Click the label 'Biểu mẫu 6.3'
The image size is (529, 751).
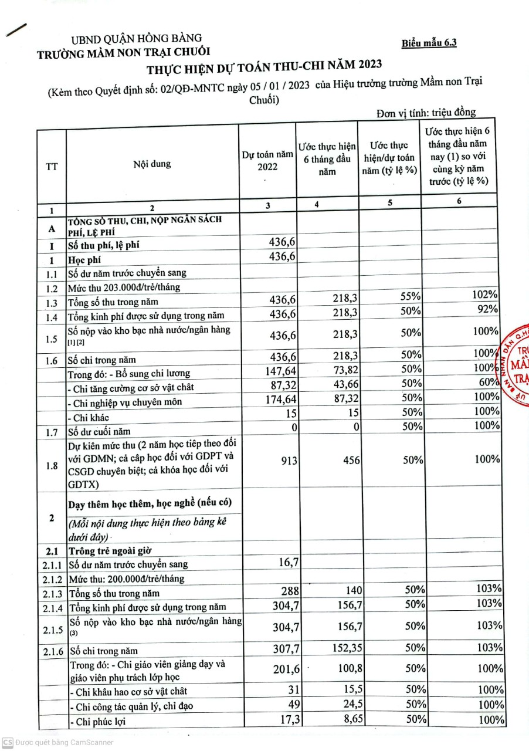click(429, 43)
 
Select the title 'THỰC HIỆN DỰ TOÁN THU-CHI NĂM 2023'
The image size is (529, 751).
click(264, 66)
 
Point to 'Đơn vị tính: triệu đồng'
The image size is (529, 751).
click(426, 113)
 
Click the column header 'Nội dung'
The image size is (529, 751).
click(152, 164)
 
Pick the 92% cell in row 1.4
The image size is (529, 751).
click(489, 310)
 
